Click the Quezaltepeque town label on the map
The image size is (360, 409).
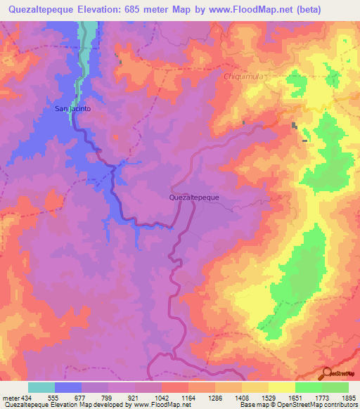[x=194, y=197]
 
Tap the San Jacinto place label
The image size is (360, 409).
[x=72, y=109]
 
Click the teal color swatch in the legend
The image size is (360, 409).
[x=41, y=387]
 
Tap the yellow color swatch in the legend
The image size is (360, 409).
[x=281, y=387]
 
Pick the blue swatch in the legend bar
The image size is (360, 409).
[x=68, y=387]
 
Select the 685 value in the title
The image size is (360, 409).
[x=156, y=11]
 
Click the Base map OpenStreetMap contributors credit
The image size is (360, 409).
[x=297, y=404]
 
